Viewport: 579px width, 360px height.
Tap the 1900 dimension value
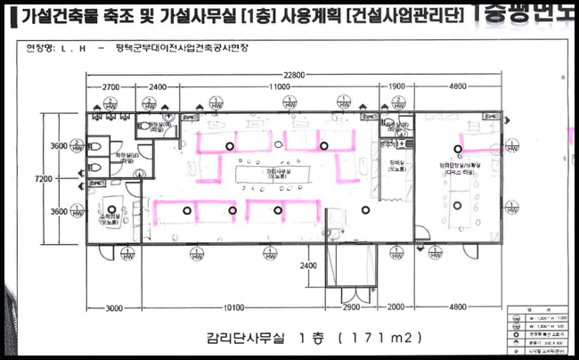point(398,87)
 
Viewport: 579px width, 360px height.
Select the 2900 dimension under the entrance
point(350,308)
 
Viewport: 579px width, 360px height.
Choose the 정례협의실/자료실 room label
point(461,167)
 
